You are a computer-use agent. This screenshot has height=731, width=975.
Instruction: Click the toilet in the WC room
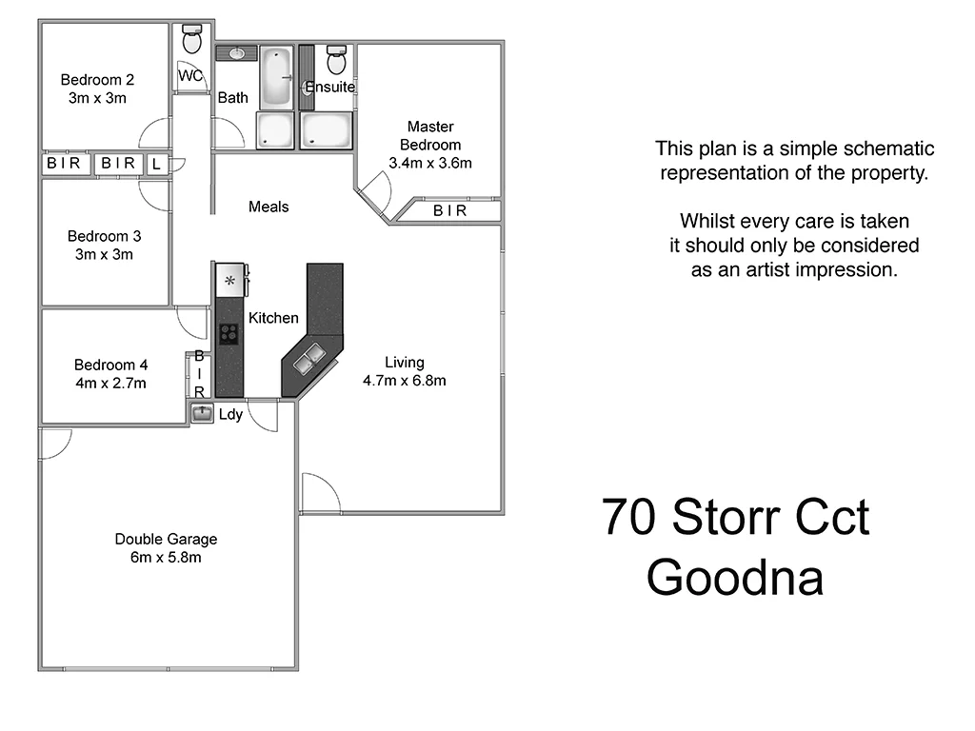(192, 39)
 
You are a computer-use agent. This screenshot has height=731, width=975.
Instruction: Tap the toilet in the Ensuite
(336, 60)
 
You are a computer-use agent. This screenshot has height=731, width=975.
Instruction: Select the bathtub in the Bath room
(277, 77)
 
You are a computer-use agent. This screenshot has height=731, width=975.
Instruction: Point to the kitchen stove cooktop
(229, 333)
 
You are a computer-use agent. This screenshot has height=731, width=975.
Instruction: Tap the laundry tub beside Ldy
(202, 413)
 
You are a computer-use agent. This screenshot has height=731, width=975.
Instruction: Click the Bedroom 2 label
(96, 80)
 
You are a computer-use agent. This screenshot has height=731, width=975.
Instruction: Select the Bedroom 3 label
(104, 236)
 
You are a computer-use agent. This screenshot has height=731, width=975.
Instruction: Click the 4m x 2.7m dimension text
(110, 384)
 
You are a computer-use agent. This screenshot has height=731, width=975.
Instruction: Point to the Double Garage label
(166, 539)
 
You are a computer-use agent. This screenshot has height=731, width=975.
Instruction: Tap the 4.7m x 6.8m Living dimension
(405, 381)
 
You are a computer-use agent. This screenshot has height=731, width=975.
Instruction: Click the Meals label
(269, 207)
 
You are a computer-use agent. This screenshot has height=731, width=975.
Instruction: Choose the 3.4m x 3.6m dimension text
(430, 163)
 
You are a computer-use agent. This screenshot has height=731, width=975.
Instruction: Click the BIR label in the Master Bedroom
(449, 211)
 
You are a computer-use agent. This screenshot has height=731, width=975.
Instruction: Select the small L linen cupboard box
(156, 165)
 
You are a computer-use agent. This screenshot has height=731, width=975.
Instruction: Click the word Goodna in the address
(734, 577)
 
